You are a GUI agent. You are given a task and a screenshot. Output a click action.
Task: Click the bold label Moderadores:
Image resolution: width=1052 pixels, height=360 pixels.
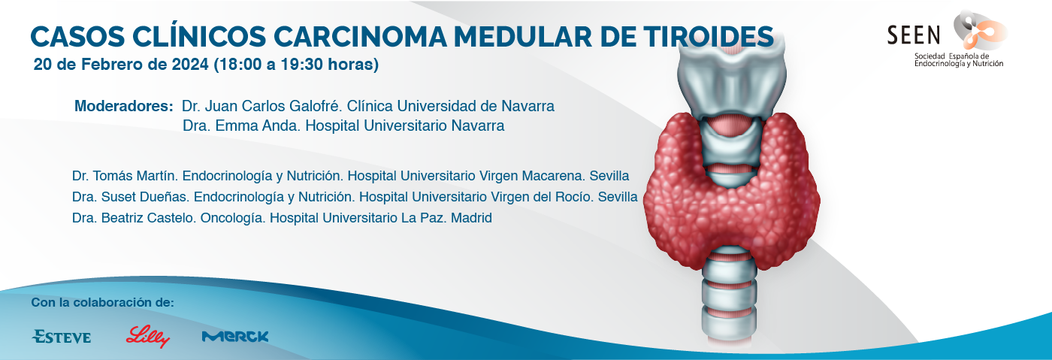coord(124,106)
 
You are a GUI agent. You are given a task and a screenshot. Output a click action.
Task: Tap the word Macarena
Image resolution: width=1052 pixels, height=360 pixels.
coord(553,176)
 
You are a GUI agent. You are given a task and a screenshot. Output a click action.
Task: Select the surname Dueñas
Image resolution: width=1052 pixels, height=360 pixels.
coord(165,197)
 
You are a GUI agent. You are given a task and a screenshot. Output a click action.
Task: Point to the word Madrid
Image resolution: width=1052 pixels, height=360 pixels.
coord(472,218)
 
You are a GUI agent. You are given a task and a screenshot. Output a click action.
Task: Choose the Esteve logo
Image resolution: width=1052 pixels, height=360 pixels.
coord(62,337)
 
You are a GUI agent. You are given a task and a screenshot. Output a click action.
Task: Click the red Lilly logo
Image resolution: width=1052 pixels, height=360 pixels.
coord(147,337)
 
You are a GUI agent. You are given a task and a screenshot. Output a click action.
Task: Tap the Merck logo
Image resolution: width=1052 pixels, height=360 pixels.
coord(234,337)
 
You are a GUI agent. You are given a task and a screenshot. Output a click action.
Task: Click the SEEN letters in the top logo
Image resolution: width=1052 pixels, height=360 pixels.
coord(914,35)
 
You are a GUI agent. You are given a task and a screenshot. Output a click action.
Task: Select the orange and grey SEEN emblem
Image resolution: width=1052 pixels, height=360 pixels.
coord(979,31)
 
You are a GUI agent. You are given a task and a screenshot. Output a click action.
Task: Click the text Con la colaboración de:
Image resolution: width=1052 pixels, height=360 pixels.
coord(102,302)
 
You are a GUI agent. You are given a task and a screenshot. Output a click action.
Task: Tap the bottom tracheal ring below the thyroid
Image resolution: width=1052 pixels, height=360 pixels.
coord(730,329)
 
